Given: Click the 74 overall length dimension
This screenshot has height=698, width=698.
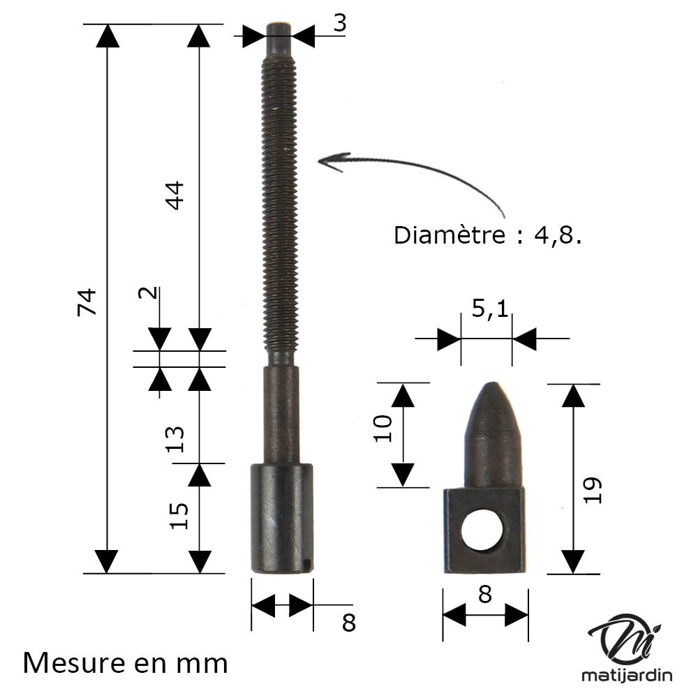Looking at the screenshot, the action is click(x=87, y=302).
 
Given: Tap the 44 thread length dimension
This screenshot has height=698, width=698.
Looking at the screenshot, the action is click(x=174, y=195).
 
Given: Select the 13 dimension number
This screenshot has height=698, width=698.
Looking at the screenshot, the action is click(x=175, y=439).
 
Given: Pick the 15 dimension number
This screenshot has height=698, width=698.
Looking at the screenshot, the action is click(x=179, y=516).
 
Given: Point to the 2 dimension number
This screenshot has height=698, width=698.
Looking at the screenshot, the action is click(x=148, y=293).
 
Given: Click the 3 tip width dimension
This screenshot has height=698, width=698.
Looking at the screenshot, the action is click(x=340, y=23).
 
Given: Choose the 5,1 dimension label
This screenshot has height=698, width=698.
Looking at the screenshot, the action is click(x=490, y=308).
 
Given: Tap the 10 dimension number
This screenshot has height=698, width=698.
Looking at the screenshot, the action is click(x=383, y=429).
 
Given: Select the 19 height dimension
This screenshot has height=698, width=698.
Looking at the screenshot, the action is click(x=593, y=490).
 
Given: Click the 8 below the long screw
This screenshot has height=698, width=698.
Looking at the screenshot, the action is click(x=349, y=623).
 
